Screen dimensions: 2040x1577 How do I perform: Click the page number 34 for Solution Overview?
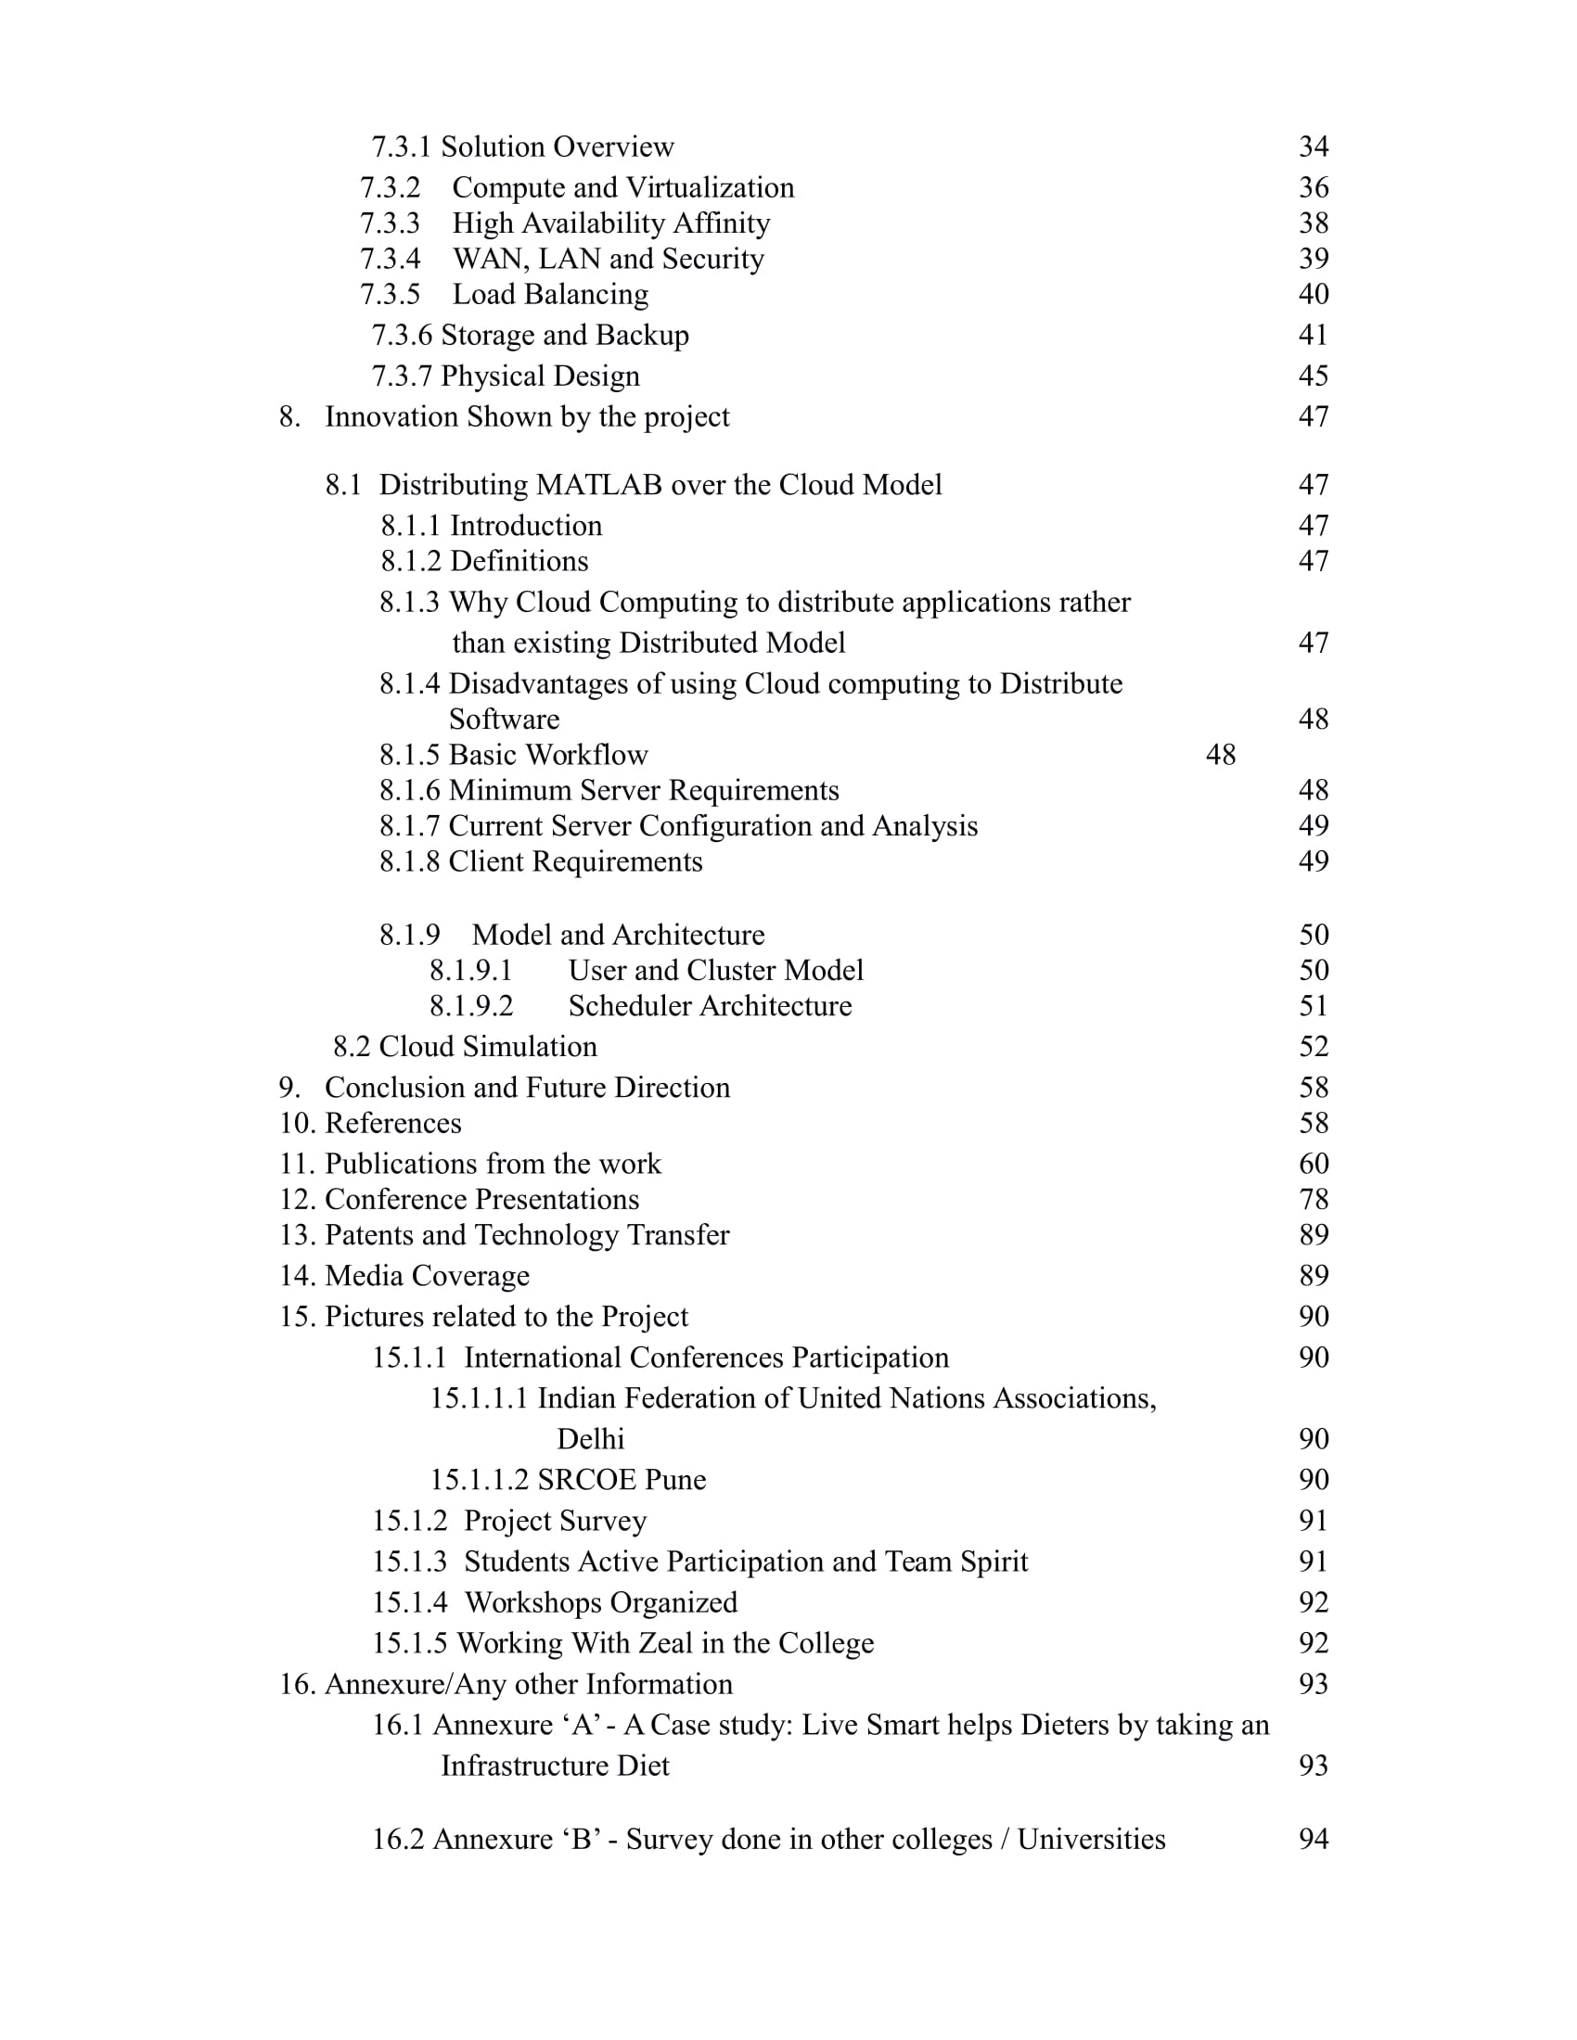[x=1313, y=147]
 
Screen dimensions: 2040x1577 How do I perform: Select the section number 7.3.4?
[x=391, y=259]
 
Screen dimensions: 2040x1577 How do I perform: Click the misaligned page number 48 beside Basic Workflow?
[x=1220, y=755]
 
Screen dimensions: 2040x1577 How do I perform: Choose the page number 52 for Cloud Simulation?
[x=1314, y=1046]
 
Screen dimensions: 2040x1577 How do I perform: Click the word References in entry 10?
[x=393, y=1123]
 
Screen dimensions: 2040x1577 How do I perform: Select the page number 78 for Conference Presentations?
[x=1314, y=1199]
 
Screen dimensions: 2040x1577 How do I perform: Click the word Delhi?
[x=590, y=1438]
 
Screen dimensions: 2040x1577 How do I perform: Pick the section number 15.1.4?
[x=409, y=1602]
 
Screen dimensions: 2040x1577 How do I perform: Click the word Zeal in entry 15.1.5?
[x=665, y=1643]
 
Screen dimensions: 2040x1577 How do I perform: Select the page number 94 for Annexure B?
[x=1314, y=1839]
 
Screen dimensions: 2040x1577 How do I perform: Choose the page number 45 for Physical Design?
[x=1313, y=376]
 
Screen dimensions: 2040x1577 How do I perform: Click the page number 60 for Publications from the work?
[x=1314, y=1164]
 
